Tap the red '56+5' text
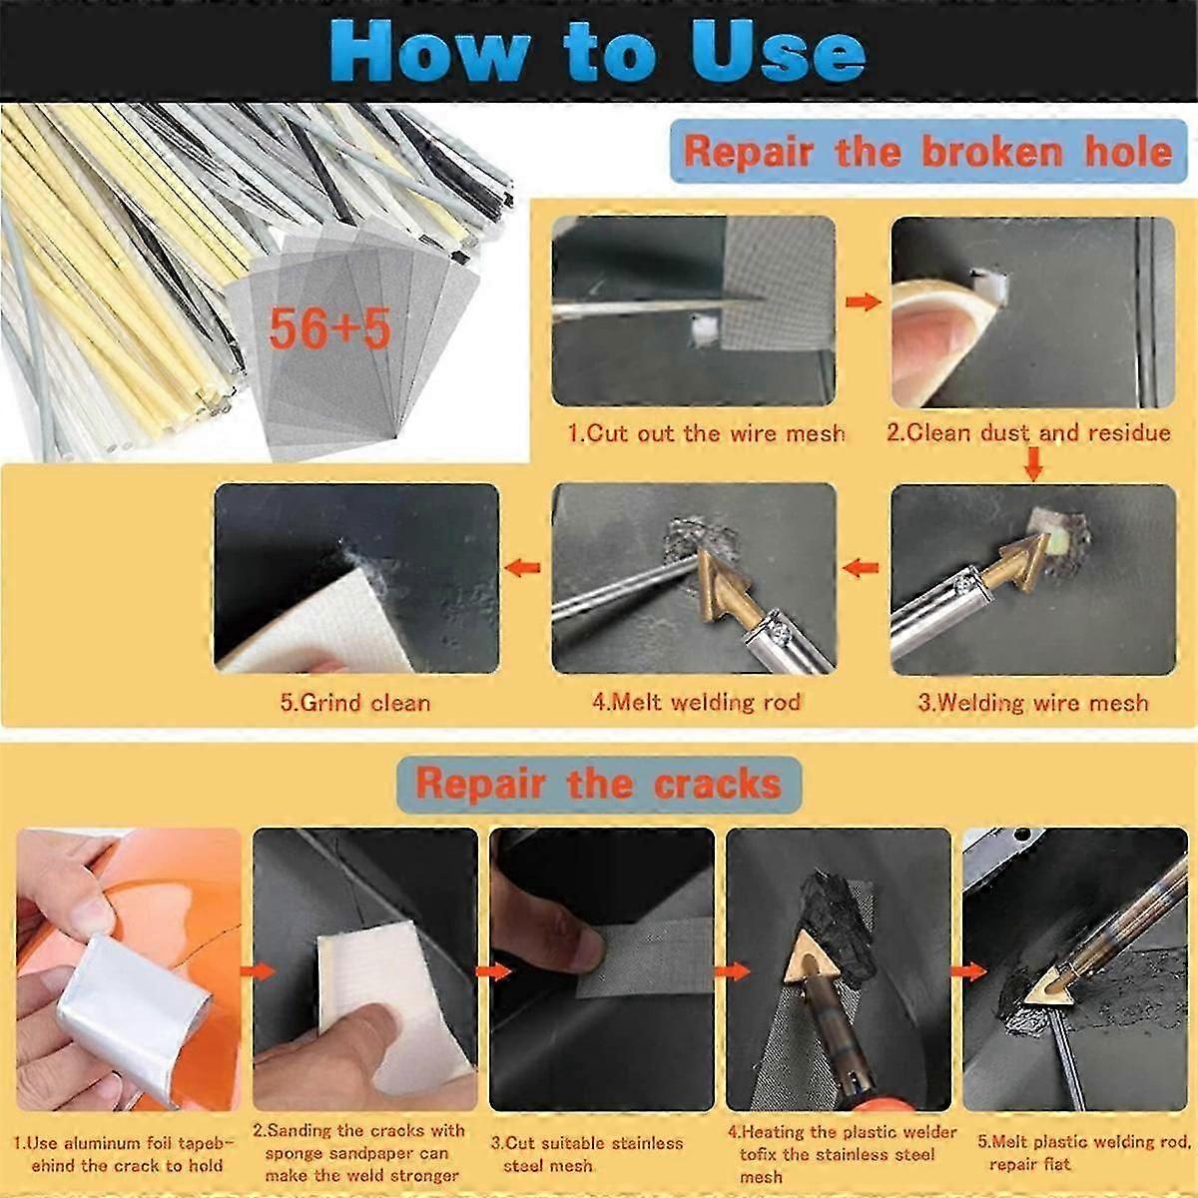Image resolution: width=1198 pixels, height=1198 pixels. (328, 327)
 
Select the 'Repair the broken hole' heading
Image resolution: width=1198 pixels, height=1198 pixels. (927, 152)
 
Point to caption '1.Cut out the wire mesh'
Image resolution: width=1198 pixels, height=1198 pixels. (706, 433)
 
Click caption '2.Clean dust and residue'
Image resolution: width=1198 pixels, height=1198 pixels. (1028, 433)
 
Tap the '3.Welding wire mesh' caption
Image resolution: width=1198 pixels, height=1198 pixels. (1032, 703)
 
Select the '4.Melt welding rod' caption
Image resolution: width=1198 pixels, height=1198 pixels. (696, 702)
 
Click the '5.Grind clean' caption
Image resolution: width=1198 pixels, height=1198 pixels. (355, 702)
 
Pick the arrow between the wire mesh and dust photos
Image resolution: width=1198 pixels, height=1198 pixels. (863, 301)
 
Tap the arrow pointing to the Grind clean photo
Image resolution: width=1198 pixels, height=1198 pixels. (523, 568)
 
